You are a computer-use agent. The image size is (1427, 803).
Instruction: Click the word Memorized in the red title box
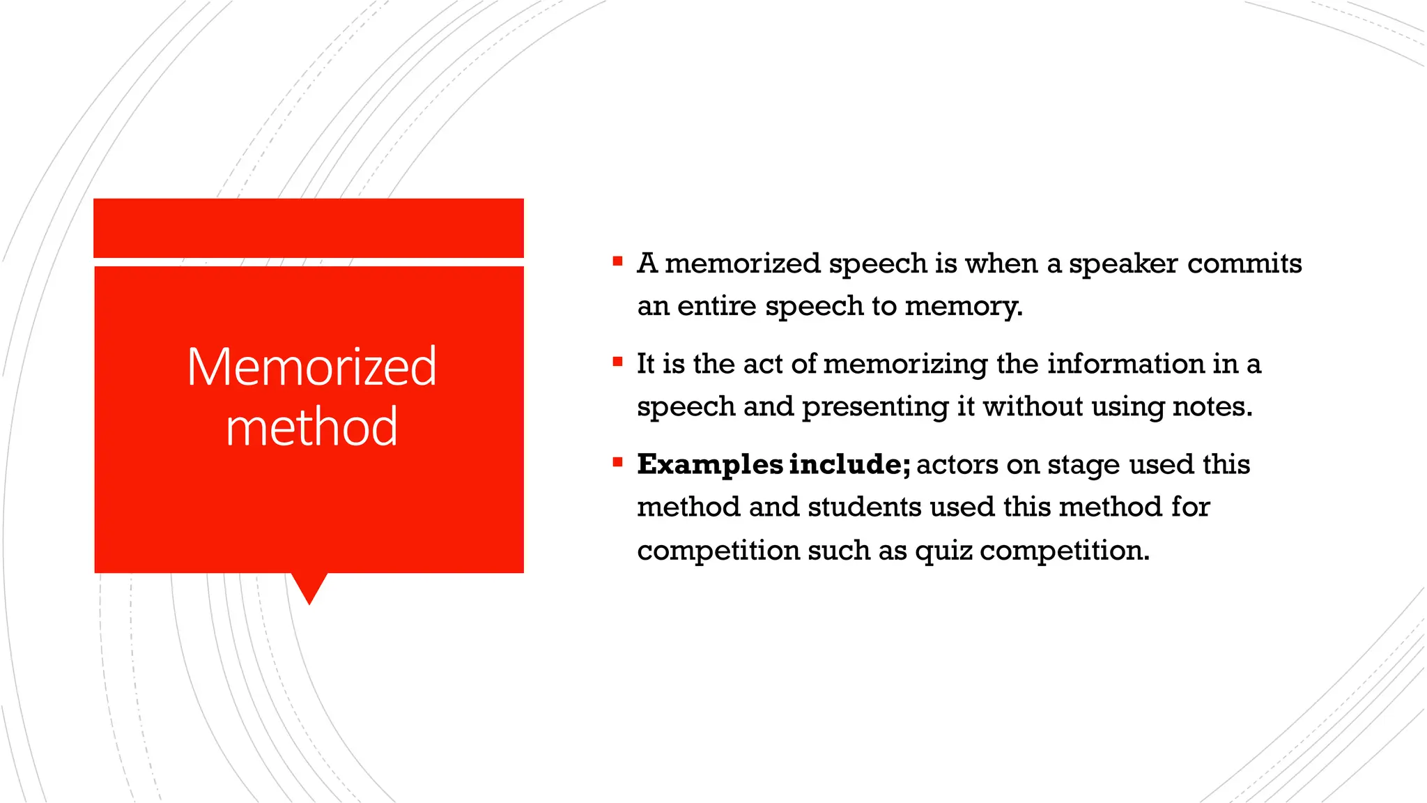pos(311,367)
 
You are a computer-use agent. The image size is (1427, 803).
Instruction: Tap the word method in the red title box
pos(311,427)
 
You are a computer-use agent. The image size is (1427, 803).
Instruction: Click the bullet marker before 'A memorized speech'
pos(617,261)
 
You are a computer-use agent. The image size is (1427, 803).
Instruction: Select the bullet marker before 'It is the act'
pos(617,362)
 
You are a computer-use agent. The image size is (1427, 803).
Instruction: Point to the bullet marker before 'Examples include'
pos(617,461)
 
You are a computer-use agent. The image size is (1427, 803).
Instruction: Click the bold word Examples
pos(710,465)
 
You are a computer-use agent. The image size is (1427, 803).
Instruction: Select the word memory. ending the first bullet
pos(964,306)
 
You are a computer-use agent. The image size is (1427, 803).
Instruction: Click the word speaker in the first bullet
pos(1123,264)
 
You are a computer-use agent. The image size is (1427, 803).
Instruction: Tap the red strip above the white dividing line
pos(309,228)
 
